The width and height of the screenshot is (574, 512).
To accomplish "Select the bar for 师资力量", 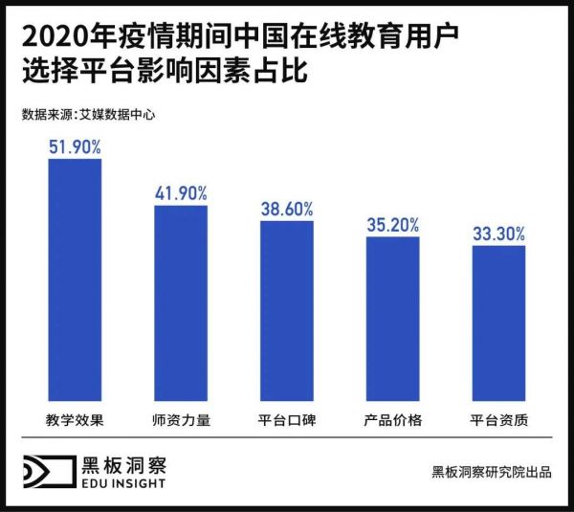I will [181, 303].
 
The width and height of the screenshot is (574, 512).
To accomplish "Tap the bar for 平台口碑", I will [287, 311].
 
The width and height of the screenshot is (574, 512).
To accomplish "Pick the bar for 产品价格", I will [392, 319].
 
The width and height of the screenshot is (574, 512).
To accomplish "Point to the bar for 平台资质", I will [498, 323].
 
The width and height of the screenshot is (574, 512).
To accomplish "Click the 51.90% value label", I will [75, 147].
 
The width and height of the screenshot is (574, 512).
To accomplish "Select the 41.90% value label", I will [181, 193].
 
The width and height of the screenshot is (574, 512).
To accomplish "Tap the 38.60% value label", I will [287, 209].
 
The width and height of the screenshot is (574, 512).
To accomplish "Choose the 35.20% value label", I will [392, 225].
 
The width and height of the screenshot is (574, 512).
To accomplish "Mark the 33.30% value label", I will [498, 234].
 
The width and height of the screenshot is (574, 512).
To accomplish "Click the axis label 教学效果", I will [75, 421].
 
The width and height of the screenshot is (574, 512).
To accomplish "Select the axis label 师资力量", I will [181, 421].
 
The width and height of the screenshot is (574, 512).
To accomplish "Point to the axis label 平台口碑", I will [287, 421].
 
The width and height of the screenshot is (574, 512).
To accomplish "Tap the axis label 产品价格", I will [392, 421].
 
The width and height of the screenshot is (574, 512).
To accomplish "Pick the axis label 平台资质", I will [498, 421].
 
